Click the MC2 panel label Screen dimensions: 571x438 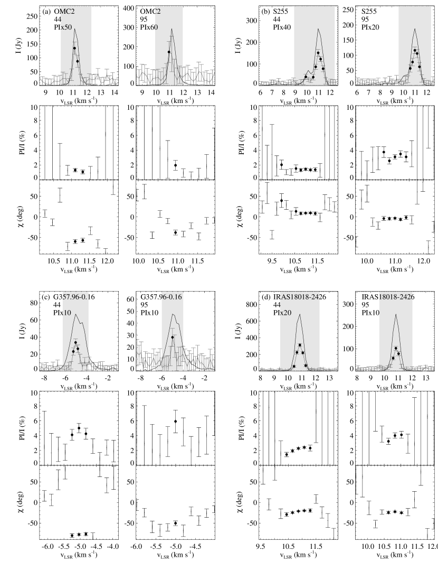(69, 10)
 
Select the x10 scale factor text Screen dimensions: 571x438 (66, 313)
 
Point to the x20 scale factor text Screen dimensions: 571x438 (285, 313)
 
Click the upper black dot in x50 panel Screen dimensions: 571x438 (74, 48)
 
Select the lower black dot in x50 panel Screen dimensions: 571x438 (77, 61)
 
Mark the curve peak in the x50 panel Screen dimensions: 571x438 (75, 29)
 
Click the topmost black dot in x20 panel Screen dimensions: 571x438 (300, 345)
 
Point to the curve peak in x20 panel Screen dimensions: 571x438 (299, 315)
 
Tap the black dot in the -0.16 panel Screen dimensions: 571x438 (173, 337)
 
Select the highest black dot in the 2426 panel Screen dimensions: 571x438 (396, 348)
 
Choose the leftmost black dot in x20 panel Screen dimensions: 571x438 (294, 366)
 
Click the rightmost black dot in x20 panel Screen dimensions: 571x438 (306, 366)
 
